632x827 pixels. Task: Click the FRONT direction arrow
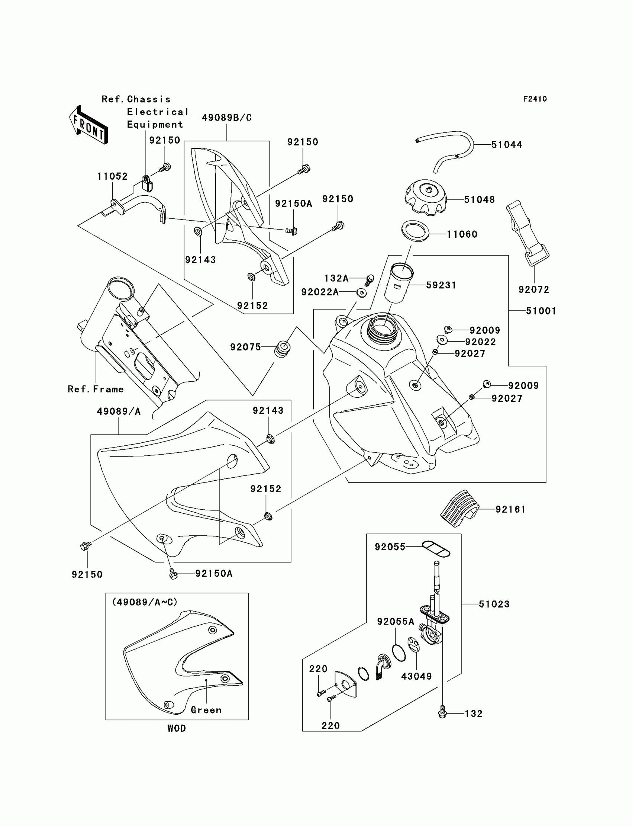(x=89, y=125)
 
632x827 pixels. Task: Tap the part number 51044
(x=506, y=145)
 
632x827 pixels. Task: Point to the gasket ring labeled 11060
(x=415, y=231)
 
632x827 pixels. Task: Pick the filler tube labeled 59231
(x=399, y=282)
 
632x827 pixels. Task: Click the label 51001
(x=541, y=311)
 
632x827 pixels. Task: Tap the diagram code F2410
(x=535, y=99)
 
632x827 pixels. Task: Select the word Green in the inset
(x=206, y=710)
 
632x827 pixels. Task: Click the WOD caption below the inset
(x=177, y=728)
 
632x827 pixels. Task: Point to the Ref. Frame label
(x=96, y=389)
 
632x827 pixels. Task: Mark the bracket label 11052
(x=112, y=176)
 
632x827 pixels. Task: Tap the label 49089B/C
(x=226, y=118)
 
